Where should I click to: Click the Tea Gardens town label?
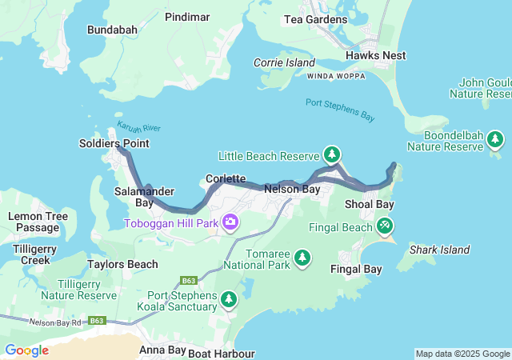(x=316, y=19)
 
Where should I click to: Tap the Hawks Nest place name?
(x=375, y=55)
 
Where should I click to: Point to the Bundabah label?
(x=113, y=30)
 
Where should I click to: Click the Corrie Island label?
(x=280, y=62)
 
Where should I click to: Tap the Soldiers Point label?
(x=114, y=143)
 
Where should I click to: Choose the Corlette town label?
(x=225, y=178)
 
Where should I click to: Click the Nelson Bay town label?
(x=292, y=190)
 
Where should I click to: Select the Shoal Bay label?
(x=369, y=205)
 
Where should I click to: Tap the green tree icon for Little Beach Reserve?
(x=331, y=154)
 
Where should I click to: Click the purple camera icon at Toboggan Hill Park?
(x=230, y=222)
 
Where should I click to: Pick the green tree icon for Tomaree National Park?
(x=302, y=257)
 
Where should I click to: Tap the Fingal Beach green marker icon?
(x=385, y=226)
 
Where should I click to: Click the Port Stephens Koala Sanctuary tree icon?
(x=229, y=298)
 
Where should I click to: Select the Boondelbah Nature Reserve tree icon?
(x=495, y=140)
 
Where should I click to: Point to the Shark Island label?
(x=438, y=250)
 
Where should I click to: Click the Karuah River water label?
(x=139, y=127)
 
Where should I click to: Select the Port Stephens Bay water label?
(x=340, y=110)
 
